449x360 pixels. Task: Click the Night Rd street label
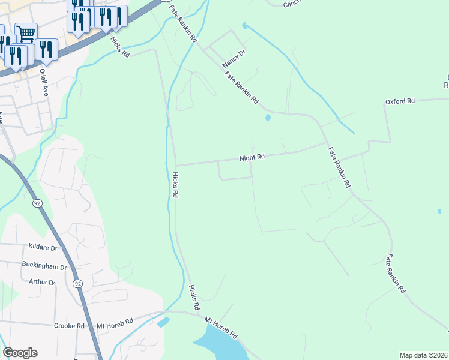252,158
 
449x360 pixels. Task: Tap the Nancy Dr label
234,58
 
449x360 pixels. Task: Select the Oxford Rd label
400,101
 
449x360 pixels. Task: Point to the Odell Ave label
43,82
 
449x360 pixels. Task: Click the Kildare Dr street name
43,247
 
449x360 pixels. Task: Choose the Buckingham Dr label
44,266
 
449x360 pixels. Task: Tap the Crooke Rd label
71,325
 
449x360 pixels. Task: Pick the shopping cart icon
26,32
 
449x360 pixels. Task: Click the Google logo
20,353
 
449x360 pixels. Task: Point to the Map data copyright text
424,355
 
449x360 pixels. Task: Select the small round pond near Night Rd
268,118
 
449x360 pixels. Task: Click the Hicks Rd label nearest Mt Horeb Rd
194,298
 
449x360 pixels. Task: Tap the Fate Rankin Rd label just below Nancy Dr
241,88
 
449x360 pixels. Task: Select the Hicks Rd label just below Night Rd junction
175,185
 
